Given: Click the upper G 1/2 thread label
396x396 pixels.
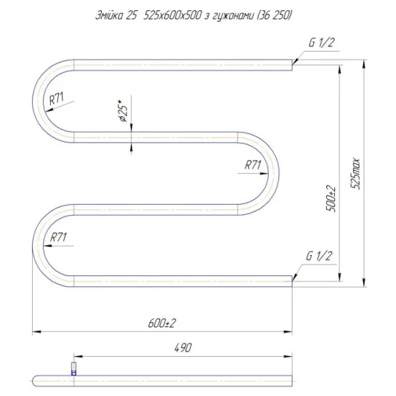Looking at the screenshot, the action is click(x=321, y=43).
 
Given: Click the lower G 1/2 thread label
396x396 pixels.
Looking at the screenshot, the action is click(x=319, y=256).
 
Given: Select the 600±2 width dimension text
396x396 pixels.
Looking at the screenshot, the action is click(x=161, y=323).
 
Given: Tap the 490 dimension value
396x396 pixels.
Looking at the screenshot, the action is click(x=183, y=348).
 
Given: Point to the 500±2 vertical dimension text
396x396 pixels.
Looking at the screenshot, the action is click(x=331, y=199).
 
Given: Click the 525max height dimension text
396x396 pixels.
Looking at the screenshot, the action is click(x=355, y=174).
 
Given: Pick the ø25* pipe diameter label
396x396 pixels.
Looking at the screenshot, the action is click(x=124, y=111).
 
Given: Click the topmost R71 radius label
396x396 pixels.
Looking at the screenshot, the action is click(x=57, y=99).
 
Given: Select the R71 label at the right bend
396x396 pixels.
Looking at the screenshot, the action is click(x=253, y=165).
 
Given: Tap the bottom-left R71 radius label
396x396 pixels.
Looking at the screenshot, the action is click(x=58, y=238).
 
